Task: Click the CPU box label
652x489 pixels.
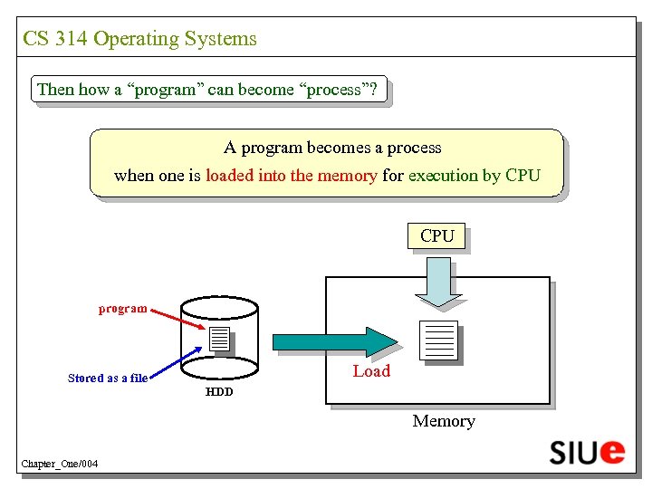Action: (x=437, y=236)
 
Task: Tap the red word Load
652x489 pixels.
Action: (x=371, y=370)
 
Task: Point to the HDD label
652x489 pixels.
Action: (x=219, y=392)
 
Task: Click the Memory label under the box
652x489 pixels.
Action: (x=444, y=421)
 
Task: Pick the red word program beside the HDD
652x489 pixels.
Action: (x=122, y=309)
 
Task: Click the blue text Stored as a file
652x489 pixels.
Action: (x=108, y=378)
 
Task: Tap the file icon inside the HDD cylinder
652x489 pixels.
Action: (x=219, y=340)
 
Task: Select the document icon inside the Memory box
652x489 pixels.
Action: (x=440, y=340)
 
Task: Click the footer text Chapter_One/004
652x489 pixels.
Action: (x=60, y=465)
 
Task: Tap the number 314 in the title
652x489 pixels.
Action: (x=71, y=39)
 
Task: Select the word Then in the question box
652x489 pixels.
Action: (x=55, y=90)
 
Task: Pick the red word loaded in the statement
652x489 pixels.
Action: (x=230, y=176)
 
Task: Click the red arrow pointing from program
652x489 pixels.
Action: (x=177, y=319)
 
